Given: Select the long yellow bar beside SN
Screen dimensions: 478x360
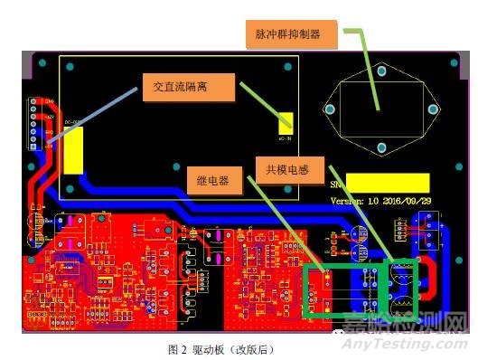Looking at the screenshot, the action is point(388,183).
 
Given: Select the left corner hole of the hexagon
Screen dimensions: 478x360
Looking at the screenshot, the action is point(330,109).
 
